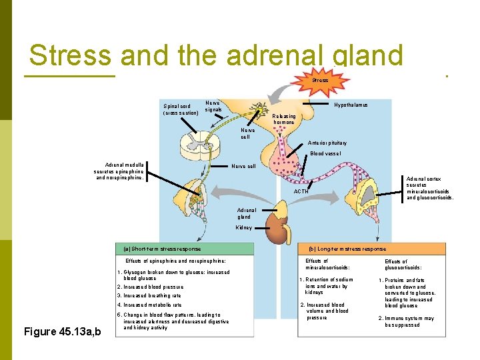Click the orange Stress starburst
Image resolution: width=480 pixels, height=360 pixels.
(321, 80)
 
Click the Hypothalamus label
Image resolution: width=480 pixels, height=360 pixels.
(351, 105)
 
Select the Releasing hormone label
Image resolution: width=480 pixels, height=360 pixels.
(284, 119)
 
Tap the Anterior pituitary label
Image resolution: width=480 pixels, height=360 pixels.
(327, 143)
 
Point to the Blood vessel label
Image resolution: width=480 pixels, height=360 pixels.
(325, 153)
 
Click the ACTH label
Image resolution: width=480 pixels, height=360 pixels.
(301, 192)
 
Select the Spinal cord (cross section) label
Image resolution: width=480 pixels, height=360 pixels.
(181, 109)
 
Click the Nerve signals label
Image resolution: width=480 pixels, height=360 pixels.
(213, 106)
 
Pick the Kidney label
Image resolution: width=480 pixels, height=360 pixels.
(244, 227)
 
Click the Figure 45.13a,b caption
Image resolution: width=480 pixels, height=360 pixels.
(62, 332)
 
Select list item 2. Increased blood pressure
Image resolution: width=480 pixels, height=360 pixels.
(150, 287)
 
